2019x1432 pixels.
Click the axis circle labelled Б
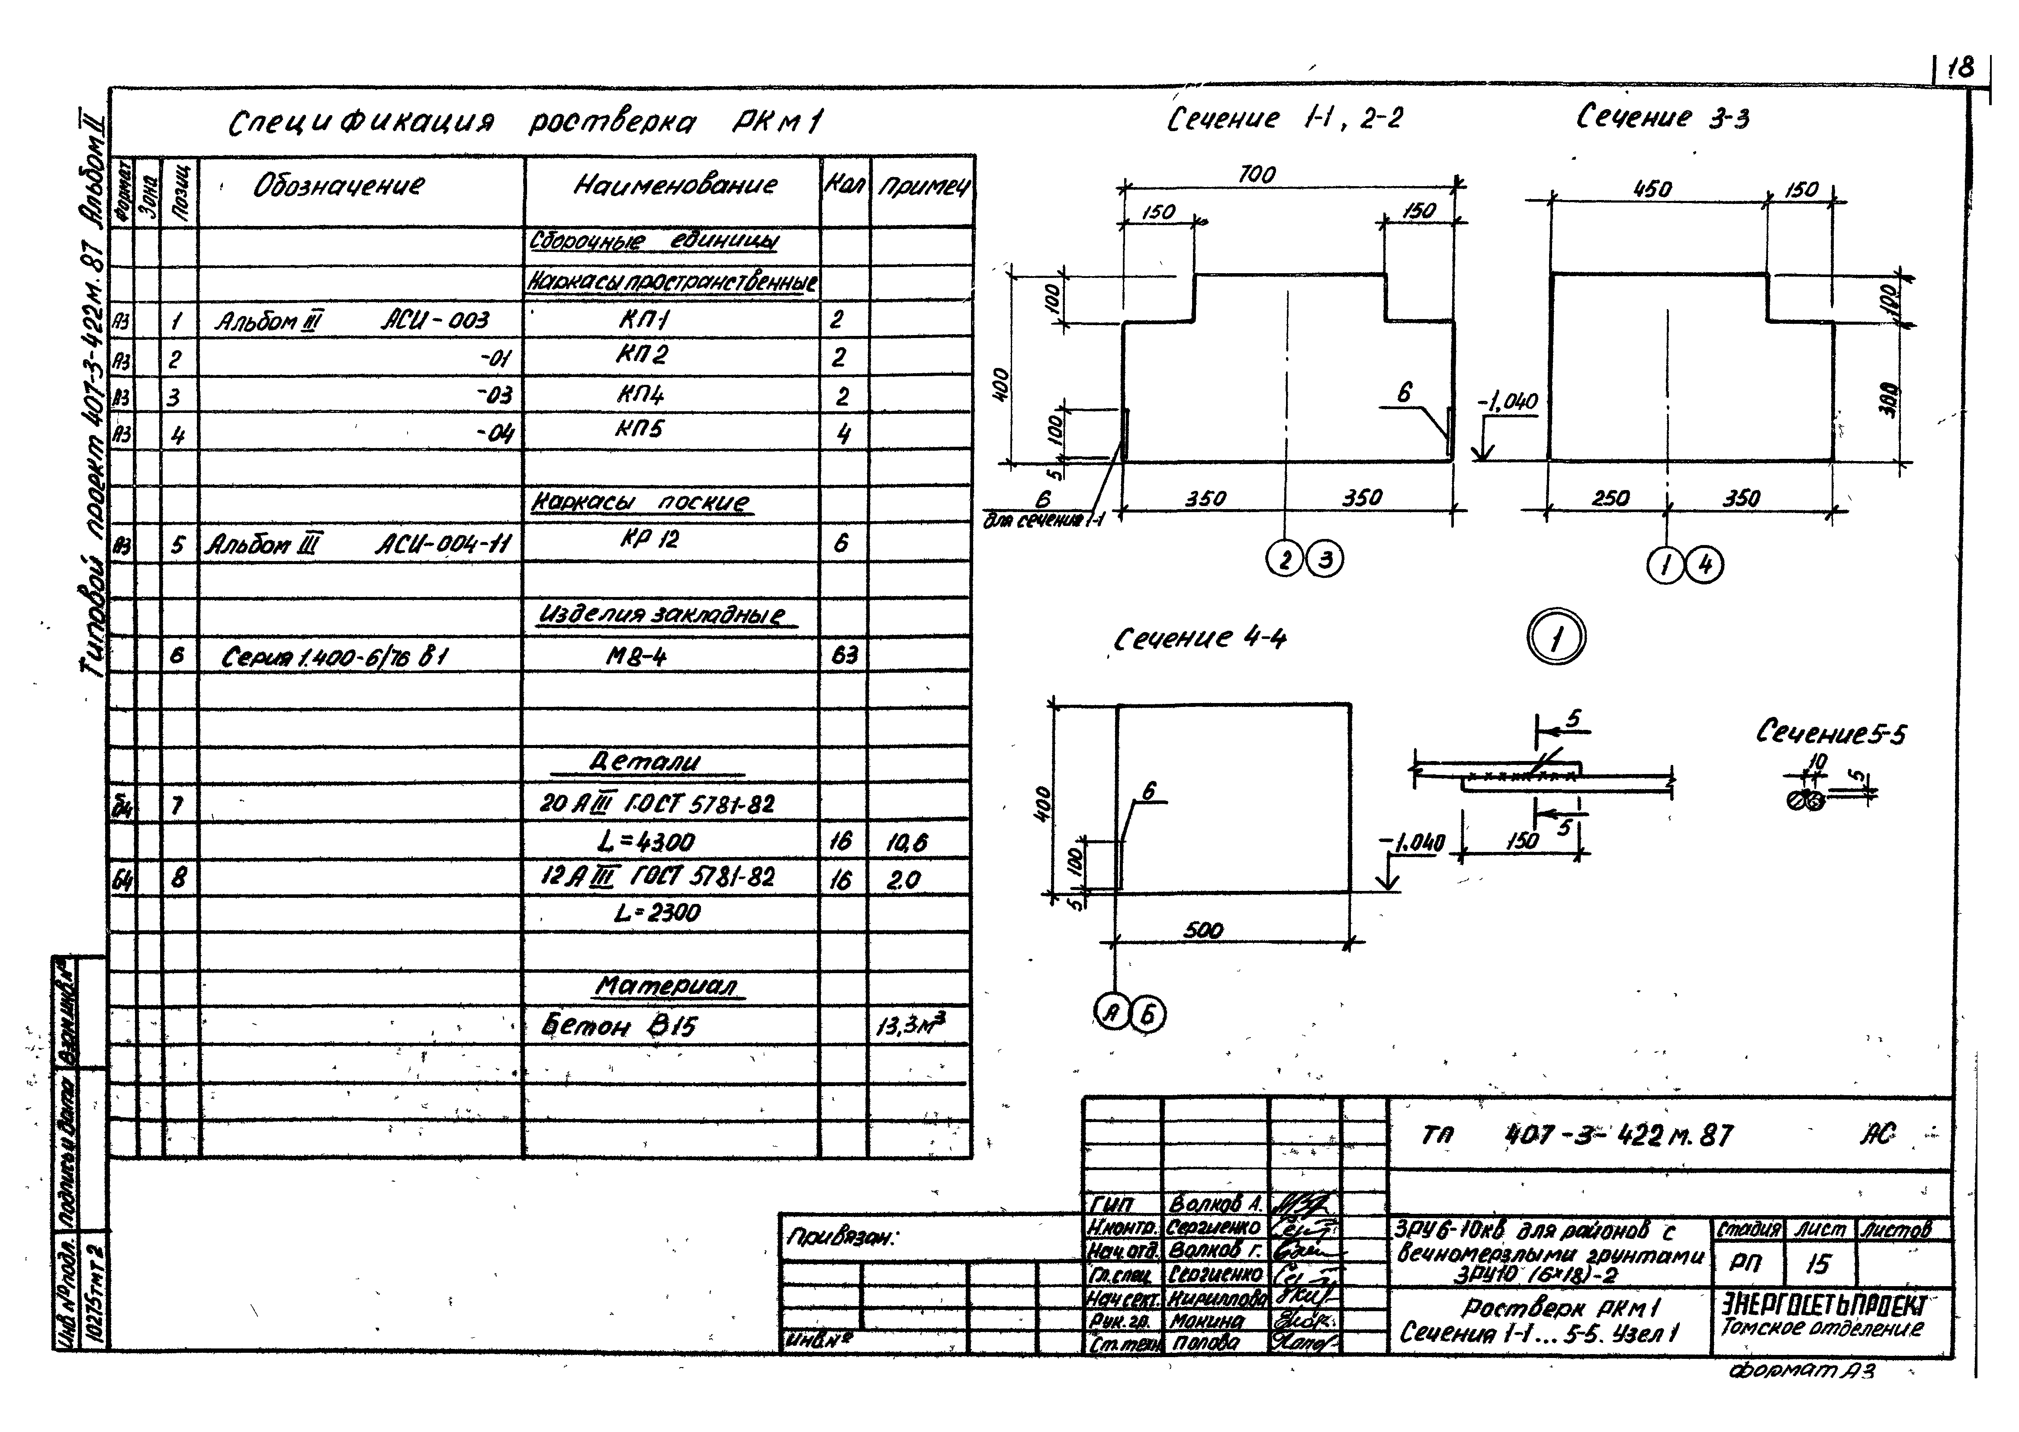1148,1015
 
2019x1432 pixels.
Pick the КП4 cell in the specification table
641,394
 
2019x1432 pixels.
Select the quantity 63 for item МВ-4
844,655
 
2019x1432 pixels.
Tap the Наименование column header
675,185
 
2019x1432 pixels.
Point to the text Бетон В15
619,1026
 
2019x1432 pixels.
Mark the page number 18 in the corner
1961,69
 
